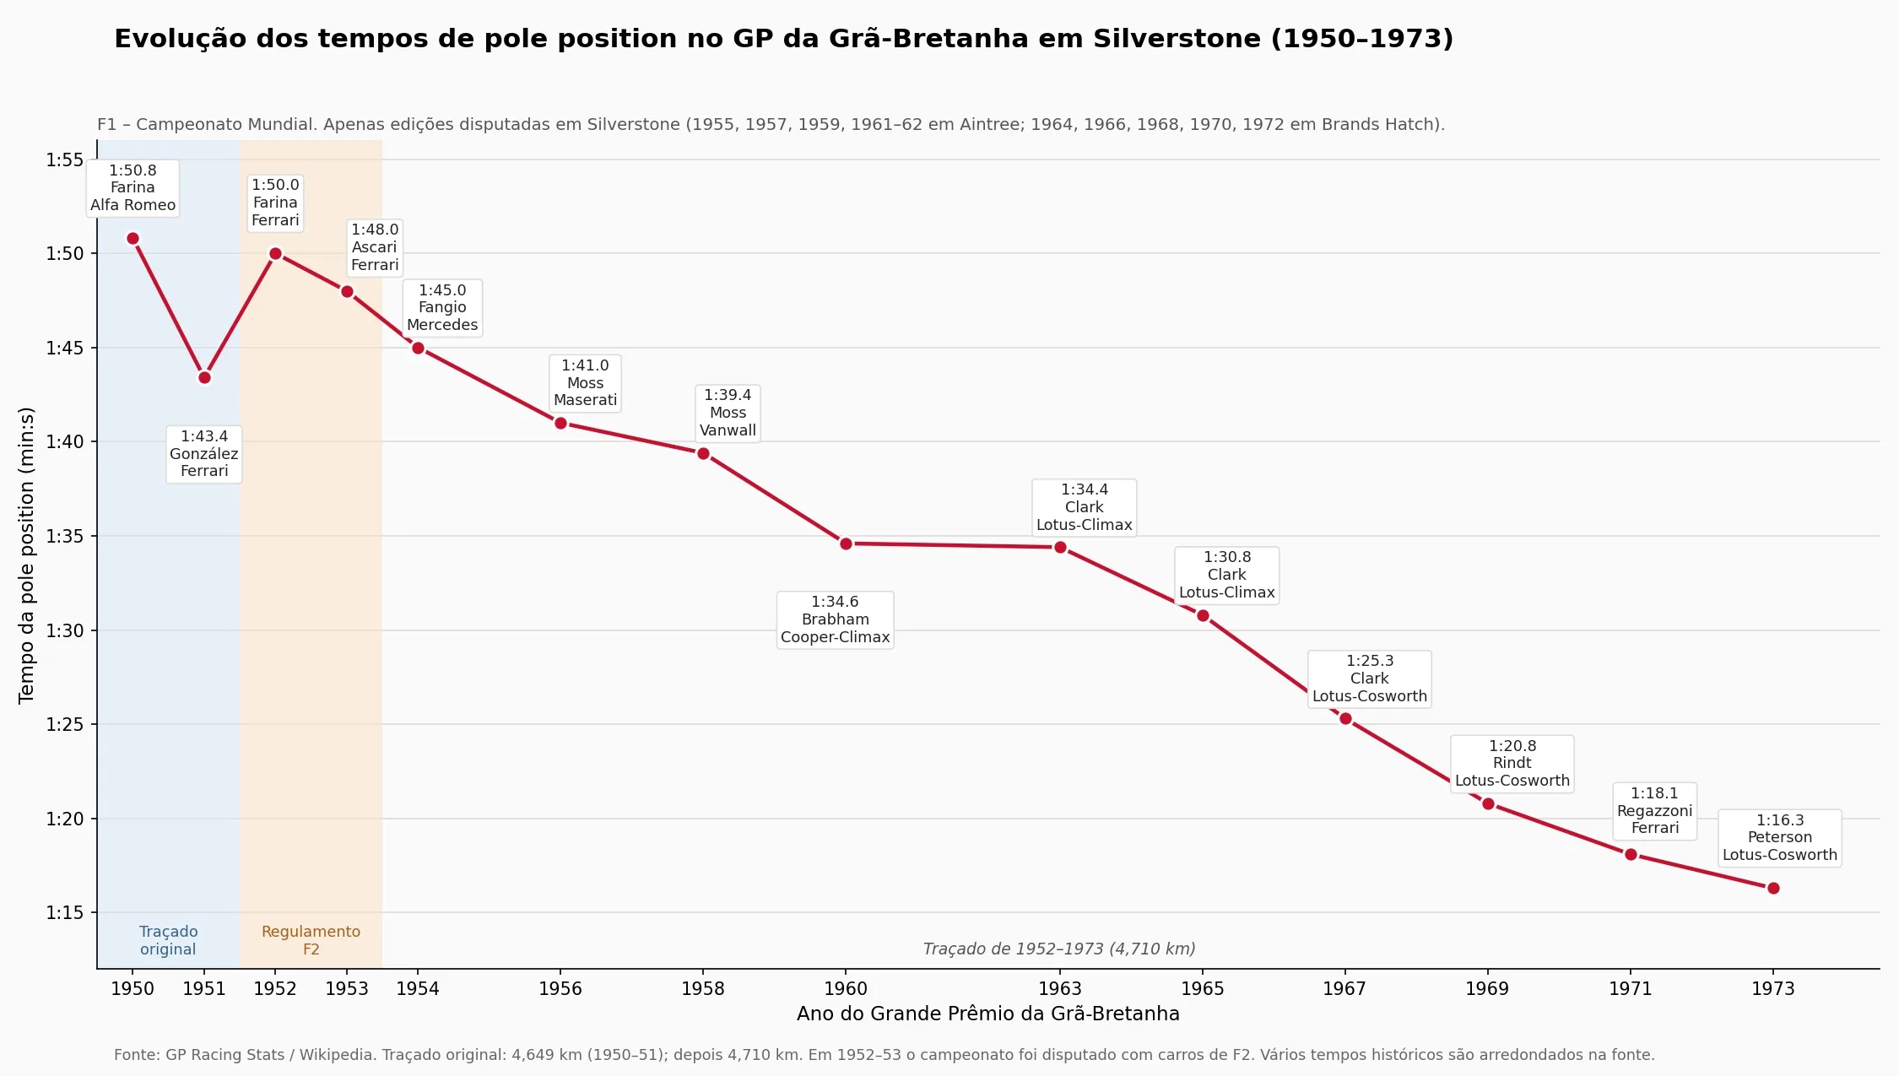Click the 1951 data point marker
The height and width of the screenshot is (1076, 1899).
[204, 377]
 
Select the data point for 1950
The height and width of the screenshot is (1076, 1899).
[133, 238]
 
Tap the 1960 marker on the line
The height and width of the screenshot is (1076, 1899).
[846, 543]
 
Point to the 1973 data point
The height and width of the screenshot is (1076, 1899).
[1773, 888]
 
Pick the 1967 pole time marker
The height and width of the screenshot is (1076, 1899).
[1345, 718]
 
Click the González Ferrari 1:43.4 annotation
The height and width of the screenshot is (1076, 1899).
[204, 454]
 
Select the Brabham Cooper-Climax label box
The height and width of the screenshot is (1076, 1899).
[835, 619]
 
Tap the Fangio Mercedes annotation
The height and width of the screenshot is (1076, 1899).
[442, 308]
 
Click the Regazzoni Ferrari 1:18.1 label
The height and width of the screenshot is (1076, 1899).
[1654, 811]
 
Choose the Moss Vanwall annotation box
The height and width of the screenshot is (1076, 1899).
[728, 413]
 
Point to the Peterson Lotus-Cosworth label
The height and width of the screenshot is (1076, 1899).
[1779, 838]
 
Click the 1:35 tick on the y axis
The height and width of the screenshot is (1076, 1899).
[65, 536]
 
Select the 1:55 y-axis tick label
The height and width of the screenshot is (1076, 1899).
[65, 160]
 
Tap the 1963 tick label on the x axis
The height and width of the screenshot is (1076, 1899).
[1060, 988]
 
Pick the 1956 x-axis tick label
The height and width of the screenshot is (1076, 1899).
[560, 988]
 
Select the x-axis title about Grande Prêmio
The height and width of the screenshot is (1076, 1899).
[988, 1014]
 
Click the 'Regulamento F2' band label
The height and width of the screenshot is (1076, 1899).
[311, 940]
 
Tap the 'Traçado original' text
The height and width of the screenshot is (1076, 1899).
[169, 940]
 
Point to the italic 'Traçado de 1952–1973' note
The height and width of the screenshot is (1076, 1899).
[1059, 949]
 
